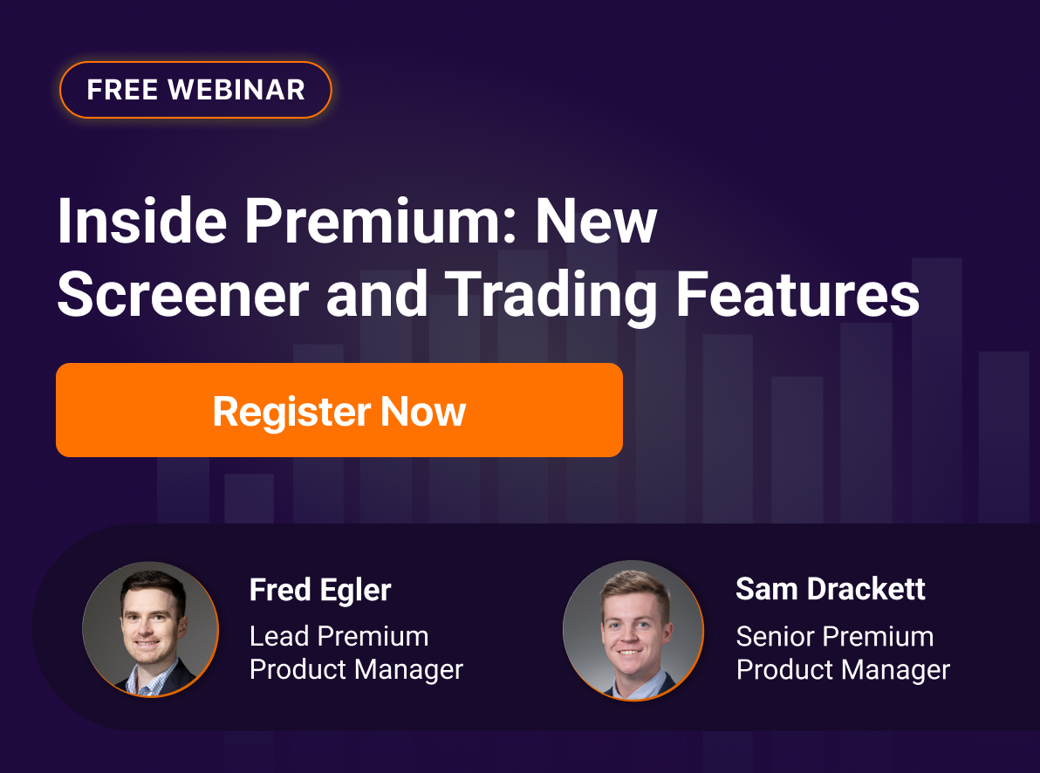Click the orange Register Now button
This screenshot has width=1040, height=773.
pos(339,410)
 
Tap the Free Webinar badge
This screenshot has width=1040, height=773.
pos(195,90)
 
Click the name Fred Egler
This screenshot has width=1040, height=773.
pos(320,591)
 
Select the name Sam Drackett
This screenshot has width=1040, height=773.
pos(831,589)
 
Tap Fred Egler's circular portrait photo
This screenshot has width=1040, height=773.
pos(150,629)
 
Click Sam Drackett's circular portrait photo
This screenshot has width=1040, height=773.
pos(633,629)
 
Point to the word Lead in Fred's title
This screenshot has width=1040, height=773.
pos(279,636)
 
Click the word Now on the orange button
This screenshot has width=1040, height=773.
pos(423,411)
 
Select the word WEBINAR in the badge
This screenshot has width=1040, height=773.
pos(236,90)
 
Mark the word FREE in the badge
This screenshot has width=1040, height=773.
pos(123,90)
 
